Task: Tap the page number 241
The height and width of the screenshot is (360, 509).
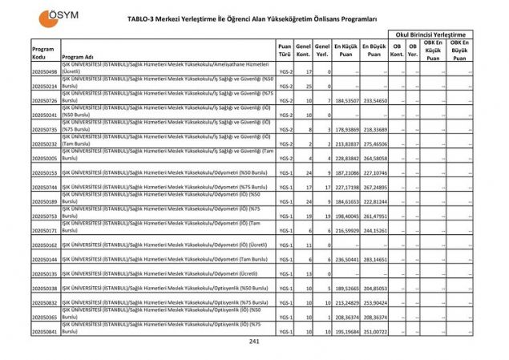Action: pyautogui.click(x=254, y=343)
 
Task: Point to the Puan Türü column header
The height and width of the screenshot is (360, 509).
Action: pyautogui.click(x=285, y=51)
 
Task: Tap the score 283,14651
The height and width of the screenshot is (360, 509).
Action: pyautogui.click(x=374, y=260)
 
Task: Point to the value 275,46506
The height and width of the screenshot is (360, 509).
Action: pyautogui.click(x=374, y=144)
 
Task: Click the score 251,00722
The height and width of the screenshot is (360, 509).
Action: pyautogui.click(x=374, y=331)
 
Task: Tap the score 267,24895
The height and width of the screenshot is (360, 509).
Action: pyautogui.click(x=374, y=188)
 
